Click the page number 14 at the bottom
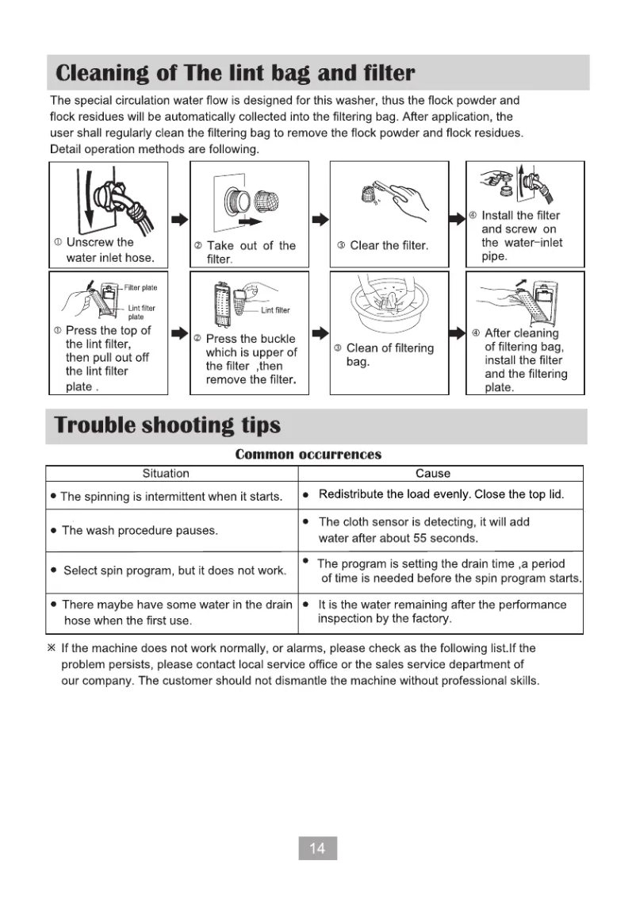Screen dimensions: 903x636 click(317, 848)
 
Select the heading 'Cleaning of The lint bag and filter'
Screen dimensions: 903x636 click(235, 74)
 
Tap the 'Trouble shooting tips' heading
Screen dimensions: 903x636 click(167, 425)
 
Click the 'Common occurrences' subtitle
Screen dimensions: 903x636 click(308, 455)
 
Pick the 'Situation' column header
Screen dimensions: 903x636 click(166, 474)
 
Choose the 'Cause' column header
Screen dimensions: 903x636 click(433, 474)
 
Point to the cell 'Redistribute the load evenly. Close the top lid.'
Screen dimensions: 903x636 click(441, 495)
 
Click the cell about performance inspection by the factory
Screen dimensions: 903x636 click(442, 611)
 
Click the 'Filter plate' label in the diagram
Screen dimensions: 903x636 click(140, 287)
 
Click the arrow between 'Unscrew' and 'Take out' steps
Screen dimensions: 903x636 click(180, 219)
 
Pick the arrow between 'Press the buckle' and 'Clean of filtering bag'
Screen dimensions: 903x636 click(319, 332)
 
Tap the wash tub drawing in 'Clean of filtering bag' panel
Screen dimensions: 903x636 click(389, 305)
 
